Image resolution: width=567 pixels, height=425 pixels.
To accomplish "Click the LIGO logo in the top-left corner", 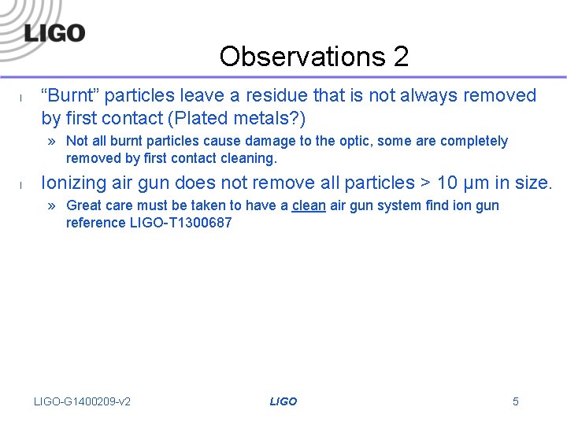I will pyautogui.click(x=54, y=32).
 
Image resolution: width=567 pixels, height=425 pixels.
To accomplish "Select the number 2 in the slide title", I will pyautogui.click(x=400, y=57).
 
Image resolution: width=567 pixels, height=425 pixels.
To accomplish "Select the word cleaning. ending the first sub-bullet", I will pyautogui.click(x=250, y=158).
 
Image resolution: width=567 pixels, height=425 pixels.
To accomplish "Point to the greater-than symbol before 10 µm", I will pyautogui.click(x=425, y=183).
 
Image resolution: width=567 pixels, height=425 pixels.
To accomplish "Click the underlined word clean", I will pyautogui.click(x=309, y=206).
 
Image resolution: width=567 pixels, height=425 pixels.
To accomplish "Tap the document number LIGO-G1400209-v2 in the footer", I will pyautogui.click(x=82, y=401).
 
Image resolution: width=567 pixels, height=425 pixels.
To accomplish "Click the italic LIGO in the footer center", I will pyautogui.click(x=283, y=401).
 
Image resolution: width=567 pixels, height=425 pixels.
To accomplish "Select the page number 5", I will pyautogui.click(x=516, y=401).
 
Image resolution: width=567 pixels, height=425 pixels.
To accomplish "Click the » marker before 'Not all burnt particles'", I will pyautogui.click(x=52, y=142).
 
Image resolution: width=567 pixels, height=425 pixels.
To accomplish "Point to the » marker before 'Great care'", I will pyautogui.click(x=52, y=206).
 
